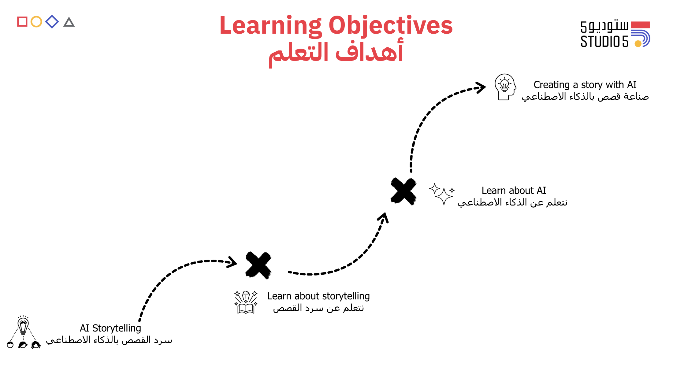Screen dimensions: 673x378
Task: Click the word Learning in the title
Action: point(271,26)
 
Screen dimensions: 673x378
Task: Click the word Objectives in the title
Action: point(391,25)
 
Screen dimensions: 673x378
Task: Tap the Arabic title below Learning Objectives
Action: point(336,52)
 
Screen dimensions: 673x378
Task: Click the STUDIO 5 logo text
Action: point(604,42)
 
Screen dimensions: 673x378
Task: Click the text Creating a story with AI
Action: point(585,85)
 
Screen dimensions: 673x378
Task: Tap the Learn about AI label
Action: point(514,191)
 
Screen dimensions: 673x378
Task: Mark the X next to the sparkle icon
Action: point(403,191)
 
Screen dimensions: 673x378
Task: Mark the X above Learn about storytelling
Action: point(258,265)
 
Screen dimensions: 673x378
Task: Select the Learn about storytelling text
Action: point(318,296)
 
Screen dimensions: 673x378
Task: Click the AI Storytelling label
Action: point(110,328)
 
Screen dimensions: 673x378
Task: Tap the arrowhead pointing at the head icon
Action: point(481,87)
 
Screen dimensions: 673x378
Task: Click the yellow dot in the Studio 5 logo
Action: point(638,44)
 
